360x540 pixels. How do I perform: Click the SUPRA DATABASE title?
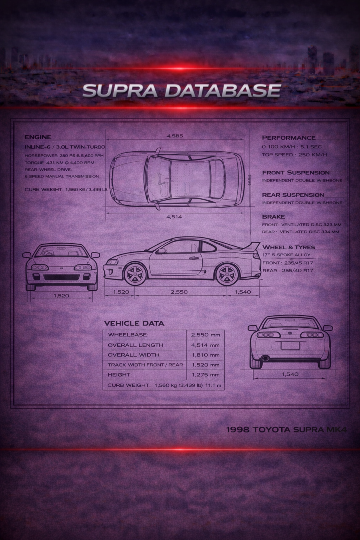pyautogui.click(x=181, y=91)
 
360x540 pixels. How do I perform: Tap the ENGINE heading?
pyautogui.click(x=38, y=137)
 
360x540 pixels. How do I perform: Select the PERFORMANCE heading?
pyautogui.click(x=288, y=138)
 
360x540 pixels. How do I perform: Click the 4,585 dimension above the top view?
pyautogui.click(x=175, y=136)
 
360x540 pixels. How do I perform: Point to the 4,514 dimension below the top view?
pyautogui.click(x=174, y=217)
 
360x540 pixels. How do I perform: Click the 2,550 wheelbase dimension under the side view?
pyautogui.click(x=179, y=292)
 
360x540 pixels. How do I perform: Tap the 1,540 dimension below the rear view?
pyautogui.click(x=290, y=374)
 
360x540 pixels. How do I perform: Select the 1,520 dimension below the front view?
pyautogui.click(x=61, y=296)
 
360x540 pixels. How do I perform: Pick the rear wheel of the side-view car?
pyautogui.click(x=226, y=274)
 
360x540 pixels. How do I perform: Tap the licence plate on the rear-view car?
pyautogui.click(x=290, y=346)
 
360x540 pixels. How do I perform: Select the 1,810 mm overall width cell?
pyautogui.click(x=205, y=355)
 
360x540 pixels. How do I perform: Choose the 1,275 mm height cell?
pyautogui.click(x=205, y=375)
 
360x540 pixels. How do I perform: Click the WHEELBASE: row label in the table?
pyautogui.click(x=128, y=335)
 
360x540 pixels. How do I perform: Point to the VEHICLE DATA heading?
pyautogui.click(x=134, y=323)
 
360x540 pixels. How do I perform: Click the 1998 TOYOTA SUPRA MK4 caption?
pyautogui.click(x=287, y=430)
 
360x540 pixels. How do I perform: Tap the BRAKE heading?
pyautogui.click(x=273, y=217)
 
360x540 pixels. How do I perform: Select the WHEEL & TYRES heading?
pyautogui.click(x=288, y=247)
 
